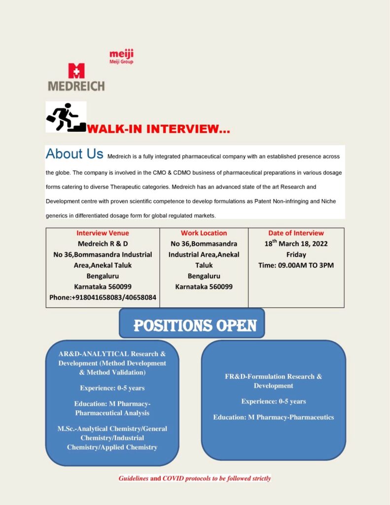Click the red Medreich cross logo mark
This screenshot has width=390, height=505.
(76, 71)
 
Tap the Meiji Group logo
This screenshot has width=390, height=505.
(121, 57)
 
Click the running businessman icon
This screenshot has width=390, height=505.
(66, 117)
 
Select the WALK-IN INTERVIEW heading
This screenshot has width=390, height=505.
(158, 129)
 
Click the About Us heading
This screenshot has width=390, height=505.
(74, 154)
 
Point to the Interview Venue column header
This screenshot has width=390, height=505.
(103, 233)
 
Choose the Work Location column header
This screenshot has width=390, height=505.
(204, 233)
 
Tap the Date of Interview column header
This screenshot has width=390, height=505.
(296, 233)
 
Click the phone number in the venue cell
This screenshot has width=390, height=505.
(103, 297)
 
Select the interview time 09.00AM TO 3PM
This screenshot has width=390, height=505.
(296, 265)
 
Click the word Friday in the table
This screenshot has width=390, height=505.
(296, 254)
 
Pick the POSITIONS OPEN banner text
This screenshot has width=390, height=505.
(195, 325)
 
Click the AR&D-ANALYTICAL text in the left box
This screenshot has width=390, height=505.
(94, 354)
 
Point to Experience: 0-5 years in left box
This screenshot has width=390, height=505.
(112, 388)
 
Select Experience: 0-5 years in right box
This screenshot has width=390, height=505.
(273, 401)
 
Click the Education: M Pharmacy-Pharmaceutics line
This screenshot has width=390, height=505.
(273, 417)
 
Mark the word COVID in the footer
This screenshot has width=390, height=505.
(174, 478)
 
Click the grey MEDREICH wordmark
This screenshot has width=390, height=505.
(76, 85)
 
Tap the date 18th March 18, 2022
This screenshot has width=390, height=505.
(296, 244)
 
